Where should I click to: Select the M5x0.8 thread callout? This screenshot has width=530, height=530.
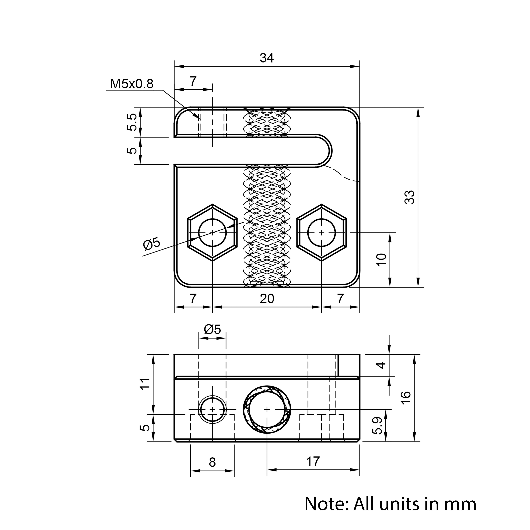tap(132, 84)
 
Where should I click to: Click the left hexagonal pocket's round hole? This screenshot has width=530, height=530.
tap(212, 232)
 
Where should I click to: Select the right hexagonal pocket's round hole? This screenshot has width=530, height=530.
tap(322, 232)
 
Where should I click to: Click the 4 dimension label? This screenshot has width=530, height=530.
tap(382, 365)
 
